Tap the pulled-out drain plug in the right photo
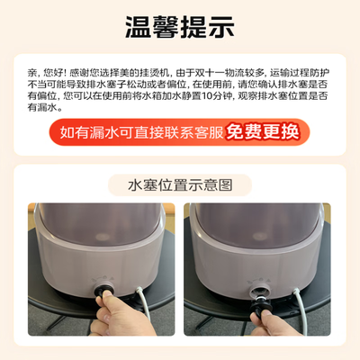(x=262, y=298)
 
